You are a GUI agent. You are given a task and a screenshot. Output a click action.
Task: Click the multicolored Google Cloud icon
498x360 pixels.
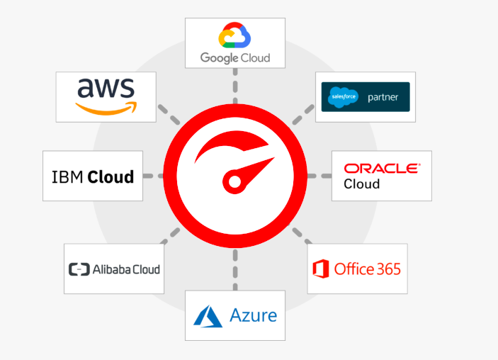click(x=234, y=36)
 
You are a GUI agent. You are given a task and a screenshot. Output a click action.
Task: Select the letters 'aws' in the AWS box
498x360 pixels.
click(x=106, y=88)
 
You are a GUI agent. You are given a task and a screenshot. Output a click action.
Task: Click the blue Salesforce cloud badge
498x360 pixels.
click(x=343, y=97)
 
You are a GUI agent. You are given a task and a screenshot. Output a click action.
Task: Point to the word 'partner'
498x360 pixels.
click(x=383, y=97)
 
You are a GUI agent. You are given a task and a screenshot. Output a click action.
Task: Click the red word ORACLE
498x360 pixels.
click(x=381, y=169)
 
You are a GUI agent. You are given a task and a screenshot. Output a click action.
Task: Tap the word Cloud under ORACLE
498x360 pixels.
click(x=362, y=184)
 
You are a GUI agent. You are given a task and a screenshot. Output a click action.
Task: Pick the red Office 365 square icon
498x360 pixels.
click(x=321, y=269)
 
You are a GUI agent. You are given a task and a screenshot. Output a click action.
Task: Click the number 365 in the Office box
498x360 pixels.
click(x=387, y=269)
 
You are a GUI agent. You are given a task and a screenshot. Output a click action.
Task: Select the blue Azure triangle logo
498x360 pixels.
click(x=208, y=316)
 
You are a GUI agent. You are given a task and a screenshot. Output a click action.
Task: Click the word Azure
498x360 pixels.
click(x=253, y=315)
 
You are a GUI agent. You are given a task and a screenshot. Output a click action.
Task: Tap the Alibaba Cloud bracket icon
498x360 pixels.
click(x=79, y=269)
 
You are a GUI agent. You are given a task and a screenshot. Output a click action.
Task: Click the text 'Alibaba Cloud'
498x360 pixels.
click(x=126, y=269)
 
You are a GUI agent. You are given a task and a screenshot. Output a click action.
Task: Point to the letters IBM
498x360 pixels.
click(x=68, y=176)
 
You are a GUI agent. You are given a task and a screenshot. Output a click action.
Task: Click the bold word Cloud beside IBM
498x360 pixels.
click(x=111, y=176)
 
